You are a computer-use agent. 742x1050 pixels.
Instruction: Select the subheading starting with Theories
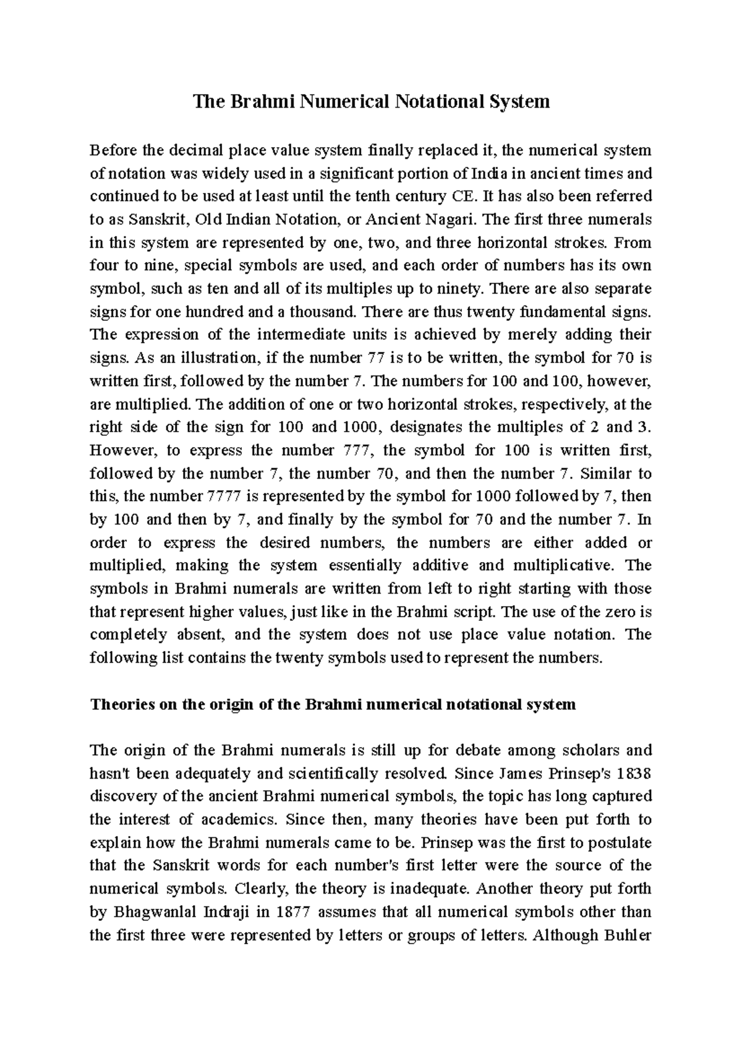333,704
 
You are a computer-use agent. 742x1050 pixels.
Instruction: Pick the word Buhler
629,935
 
